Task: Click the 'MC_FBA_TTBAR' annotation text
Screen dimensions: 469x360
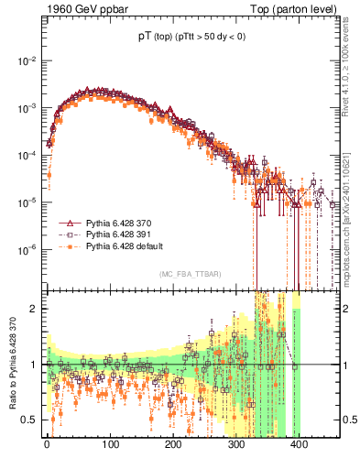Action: tap(189, 275)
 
